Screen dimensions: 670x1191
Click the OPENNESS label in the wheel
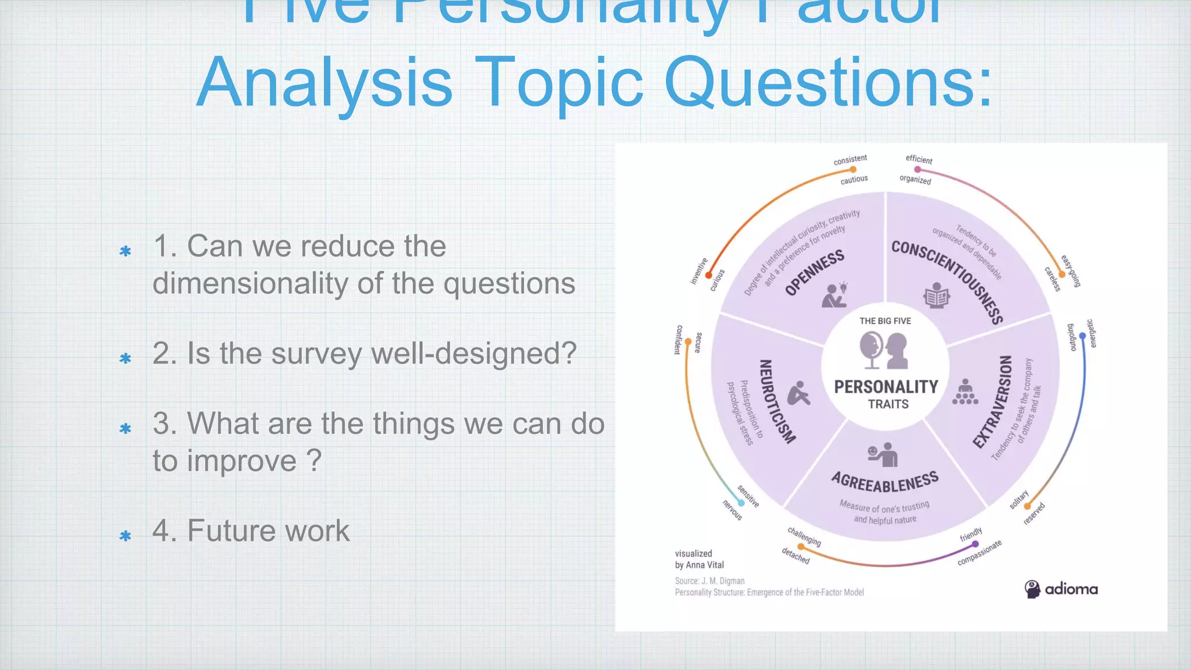coord(814,273)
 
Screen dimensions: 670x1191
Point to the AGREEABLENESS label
coord(885,482)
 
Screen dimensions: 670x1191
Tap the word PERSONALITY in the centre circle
coord(886,387)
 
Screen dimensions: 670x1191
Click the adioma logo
coord(1061,589)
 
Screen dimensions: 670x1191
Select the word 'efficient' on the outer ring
coord(919,159)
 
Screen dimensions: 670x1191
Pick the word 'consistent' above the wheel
coord(850,159)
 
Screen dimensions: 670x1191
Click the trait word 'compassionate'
coord(980,553)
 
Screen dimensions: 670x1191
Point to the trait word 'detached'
coord(796,555)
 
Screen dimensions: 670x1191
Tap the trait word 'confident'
coord(678,340)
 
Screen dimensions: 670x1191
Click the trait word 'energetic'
coord(1092,334)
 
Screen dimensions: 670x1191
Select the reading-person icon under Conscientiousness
coord(936,295)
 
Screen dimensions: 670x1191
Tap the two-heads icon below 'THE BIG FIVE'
coord(884,350)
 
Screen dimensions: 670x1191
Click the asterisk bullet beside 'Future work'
coord(125,536)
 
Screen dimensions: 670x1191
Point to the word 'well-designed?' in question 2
coord(473,353)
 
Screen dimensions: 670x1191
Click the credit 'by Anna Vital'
coord(699,565)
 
